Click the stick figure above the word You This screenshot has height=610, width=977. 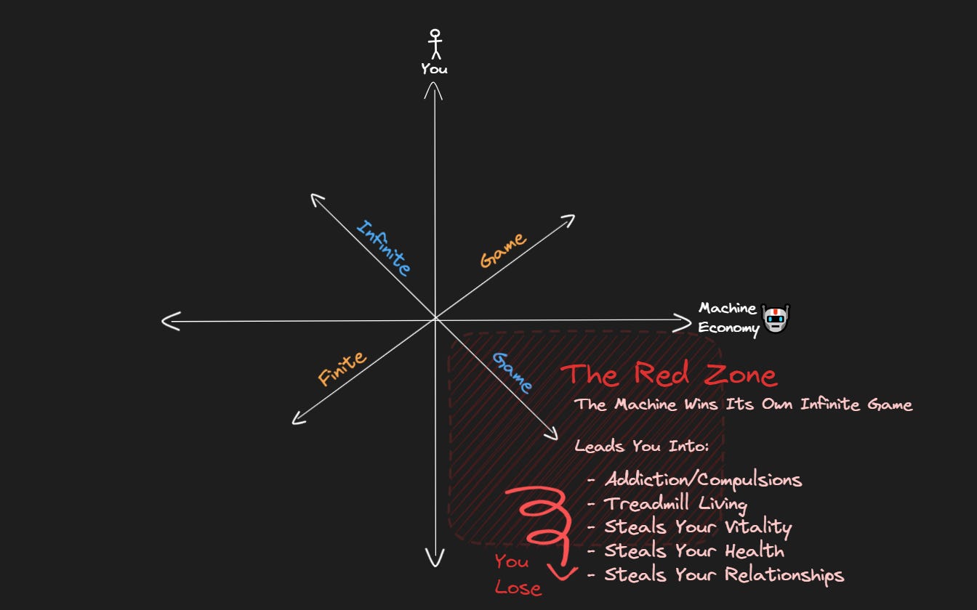(x=435, y=44)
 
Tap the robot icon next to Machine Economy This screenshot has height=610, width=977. (x=776, y=319)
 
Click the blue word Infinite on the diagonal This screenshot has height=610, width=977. (x=383, y=248)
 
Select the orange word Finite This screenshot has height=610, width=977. (x=342, y=368)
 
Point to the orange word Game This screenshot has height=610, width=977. (x=503, y=251)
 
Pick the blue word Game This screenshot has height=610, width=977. (x=512, y=372)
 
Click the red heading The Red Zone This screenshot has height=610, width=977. (x=669, y=375)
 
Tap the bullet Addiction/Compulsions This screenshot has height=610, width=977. (x=702, y=480)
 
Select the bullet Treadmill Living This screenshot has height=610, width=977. (x=675, y=503)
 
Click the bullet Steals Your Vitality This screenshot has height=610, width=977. (x=697, y=527)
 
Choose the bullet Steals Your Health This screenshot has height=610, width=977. (x=693, y=551)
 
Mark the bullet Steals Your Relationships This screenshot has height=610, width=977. (x=723, y=575)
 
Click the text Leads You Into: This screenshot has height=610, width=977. (x=641, y=446)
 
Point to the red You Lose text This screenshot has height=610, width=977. (x=517, y=574)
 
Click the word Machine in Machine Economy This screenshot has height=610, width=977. (x=727, y=309)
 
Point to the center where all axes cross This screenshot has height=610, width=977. (x=435, y=319)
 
